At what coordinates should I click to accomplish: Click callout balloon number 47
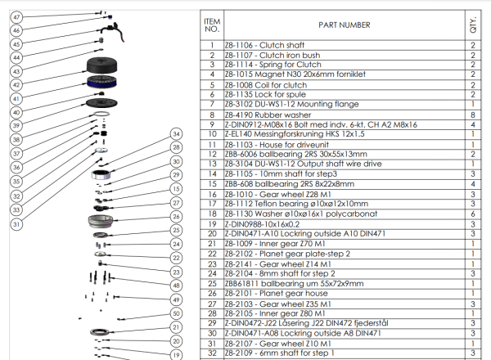tap(16, 17)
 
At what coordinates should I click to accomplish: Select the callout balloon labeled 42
tap(16, 84)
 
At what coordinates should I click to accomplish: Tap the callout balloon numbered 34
tap(174, 133)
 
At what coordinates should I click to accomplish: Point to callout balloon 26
tap(174, 216)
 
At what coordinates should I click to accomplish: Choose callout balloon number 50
tap(174, 313)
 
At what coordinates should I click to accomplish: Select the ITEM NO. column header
tap(212, 25)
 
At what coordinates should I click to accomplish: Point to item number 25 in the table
tap(212, 283)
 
